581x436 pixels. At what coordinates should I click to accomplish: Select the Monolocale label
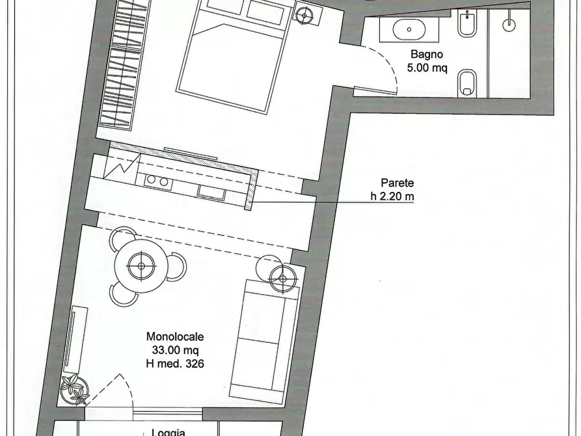pos(175,337)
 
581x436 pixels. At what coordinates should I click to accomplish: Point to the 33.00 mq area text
pos(175,350)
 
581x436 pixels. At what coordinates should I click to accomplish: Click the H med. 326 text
pos(175,364)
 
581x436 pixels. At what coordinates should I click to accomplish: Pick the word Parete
pos(397,184)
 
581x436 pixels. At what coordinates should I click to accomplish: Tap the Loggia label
pos(169,431)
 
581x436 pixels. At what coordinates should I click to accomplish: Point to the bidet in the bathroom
pos(466,25)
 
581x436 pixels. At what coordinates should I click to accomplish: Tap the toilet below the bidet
pos(466,82)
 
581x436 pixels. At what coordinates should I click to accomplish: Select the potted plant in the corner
pos(74,390)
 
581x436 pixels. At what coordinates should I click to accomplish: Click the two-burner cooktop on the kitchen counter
pos(157,180)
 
